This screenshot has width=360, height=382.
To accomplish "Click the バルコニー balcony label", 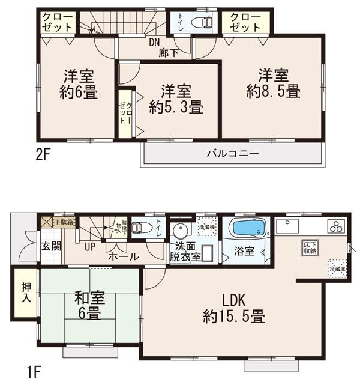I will coord(234,154).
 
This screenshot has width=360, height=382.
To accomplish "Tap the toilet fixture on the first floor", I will coord(139,228).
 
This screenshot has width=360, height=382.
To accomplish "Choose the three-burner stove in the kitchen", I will coord(335,226).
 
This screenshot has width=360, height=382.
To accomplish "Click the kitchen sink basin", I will coord(288,226).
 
